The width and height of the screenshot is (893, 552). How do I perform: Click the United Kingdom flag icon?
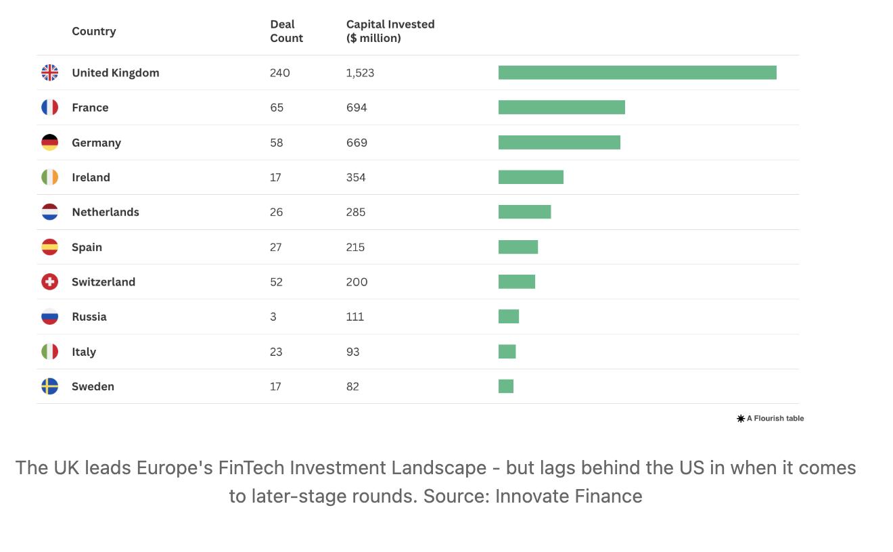(x=49, y=72)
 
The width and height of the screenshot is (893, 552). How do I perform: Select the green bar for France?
(x=562, y=108)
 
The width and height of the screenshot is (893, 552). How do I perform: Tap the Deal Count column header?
(x=286, y=31)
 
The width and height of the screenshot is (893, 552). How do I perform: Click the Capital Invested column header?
(x=390, y=31)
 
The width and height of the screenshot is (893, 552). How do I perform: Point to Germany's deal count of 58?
(x=276, y=143)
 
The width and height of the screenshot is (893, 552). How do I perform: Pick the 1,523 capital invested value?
(x=360, y=73)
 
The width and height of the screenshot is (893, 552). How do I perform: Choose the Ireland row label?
(x=91, y=177)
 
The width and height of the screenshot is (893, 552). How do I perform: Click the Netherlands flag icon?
(x=49, y=212)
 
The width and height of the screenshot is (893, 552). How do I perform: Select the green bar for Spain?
(x=518, y=247)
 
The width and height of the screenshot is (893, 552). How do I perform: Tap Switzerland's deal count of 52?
(x=277, y=282)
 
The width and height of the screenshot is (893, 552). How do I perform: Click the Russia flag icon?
(x=49, y=317)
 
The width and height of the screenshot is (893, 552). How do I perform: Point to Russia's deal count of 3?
(x=273, y=317)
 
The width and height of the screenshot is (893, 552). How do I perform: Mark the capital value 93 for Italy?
(x=353, y=352)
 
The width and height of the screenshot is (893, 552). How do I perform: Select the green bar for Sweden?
(x=506, y=386)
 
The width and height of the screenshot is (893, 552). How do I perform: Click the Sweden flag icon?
(x=49, y=386)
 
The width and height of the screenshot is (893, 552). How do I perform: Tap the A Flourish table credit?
(x=771, y=419)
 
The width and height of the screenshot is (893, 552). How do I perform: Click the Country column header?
(x=93, y=31)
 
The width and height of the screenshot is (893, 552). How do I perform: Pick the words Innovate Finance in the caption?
(x=568, y=496)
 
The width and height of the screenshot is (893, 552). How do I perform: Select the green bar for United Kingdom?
(x=637, y=72)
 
